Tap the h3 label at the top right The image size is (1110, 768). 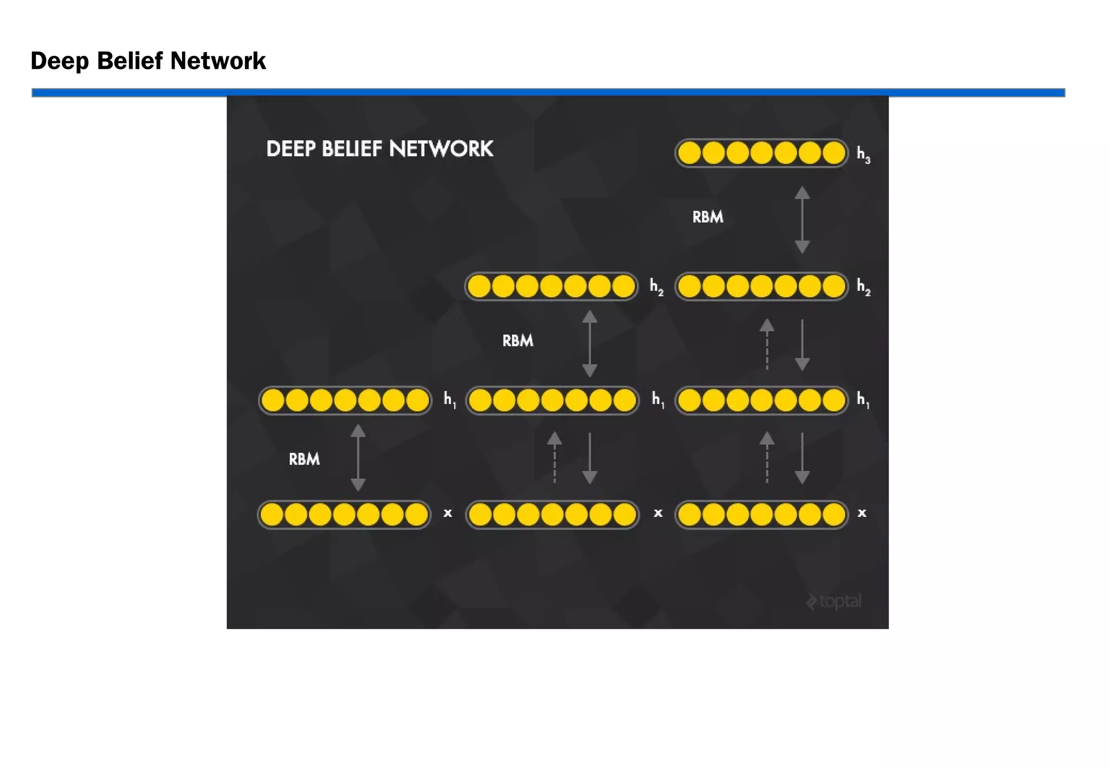tap(863, 155)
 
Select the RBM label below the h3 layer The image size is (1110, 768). tap(707, 217)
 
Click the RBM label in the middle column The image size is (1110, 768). tap(518, 341)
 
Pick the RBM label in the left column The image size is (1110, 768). tap(304, 459)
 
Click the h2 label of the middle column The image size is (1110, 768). tap(656, 287)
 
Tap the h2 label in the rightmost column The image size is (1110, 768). tap(863, 287)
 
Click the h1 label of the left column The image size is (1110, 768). tap(449, 400)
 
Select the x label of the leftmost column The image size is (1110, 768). tap(448, 513)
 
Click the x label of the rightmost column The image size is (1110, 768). tap(862, 513)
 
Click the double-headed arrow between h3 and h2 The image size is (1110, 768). tap(802, 220)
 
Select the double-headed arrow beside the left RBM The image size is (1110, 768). tap(358, 458)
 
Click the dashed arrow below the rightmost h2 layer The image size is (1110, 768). tap(766, 344)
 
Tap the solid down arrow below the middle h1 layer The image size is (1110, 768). tap(590, 458)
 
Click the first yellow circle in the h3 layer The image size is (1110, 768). tap(689, 153)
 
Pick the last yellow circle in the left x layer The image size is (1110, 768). tap(416, 515)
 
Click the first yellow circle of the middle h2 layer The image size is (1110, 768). tap(479, 286)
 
